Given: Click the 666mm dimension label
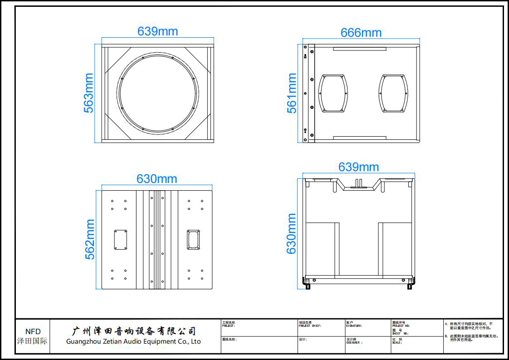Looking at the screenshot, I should click(361, 33).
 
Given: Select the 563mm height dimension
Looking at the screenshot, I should click(89, 93).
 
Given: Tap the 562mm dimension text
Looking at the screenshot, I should click(90, 239).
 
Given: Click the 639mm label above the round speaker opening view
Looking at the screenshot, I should click(157, 31).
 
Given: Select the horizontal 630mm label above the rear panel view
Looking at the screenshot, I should click(157, 179).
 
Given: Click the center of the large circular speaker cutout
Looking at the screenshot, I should click(158, 93).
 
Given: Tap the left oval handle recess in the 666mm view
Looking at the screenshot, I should click(333, 93).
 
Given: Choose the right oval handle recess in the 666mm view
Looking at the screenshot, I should click(393, 93).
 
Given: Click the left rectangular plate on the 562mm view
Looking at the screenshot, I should click(120, 239).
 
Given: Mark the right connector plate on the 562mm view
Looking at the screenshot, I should click(193, 239).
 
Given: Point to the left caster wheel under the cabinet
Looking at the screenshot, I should click(308, 286).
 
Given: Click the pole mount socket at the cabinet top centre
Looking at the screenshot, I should click(358, 182).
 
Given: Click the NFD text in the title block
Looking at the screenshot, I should click(33, 332).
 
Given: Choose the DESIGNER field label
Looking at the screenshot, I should click(354, 343).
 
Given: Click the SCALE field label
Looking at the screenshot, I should click(396, 343).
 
